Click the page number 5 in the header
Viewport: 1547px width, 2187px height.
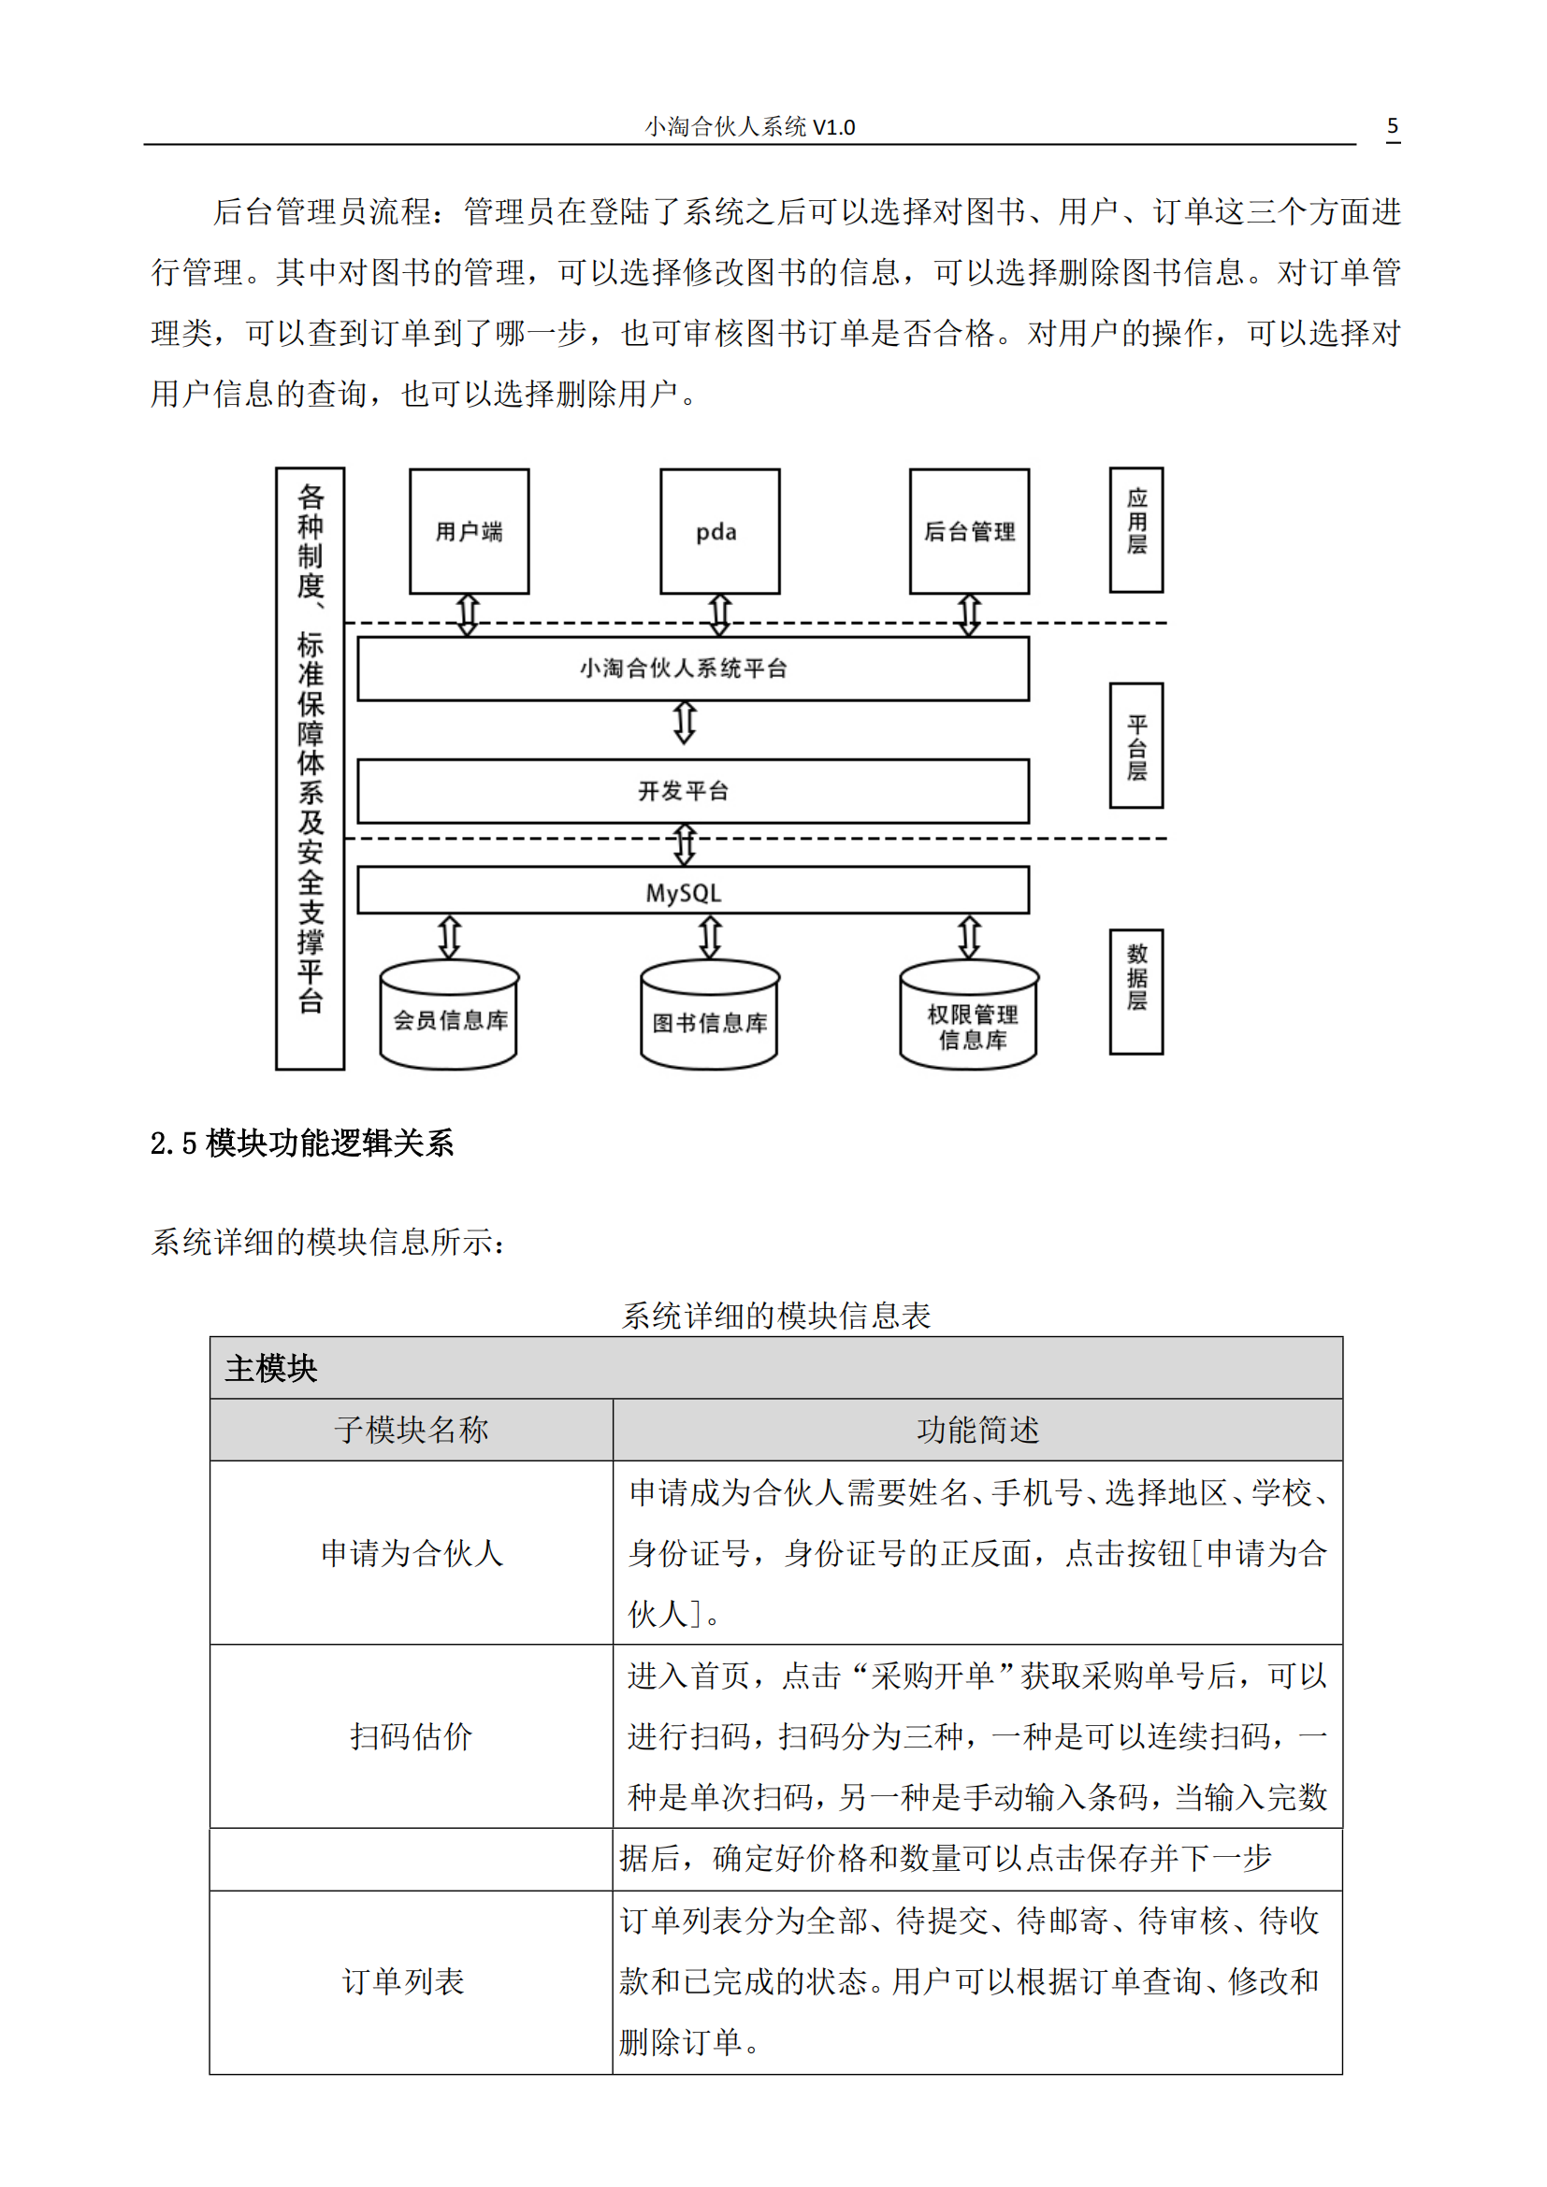pos(1392,125)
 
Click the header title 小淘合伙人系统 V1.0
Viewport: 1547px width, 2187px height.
pos(750,126)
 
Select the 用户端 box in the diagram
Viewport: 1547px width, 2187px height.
pos(469,531)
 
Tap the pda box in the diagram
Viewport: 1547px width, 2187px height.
pos(719,531)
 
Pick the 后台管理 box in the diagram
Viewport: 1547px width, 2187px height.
pos(969,531)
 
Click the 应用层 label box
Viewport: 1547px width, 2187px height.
pos(1135,529)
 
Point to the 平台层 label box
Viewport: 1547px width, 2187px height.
pos(1135,745)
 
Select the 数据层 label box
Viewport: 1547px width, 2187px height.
pos(1135,990)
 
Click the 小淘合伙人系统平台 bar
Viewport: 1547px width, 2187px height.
pos(692,669)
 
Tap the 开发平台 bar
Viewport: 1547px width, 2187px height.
pos(692,791)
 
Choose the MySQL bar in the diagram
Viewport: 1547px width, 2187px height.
pos(692,892)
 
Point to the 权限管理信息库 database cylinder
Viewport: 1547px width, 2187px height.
pos(969,1021)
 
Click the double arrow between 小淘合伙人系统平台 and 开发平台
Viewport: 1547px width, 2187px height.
pos(684,723)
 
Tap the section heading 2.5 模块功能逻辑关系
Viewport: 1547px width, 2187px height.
pos(302,1143)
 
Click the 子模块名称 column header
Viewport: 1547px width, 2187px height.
pos(411,1430)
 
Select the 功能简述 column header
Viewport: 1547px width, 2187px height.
pos(977,1430)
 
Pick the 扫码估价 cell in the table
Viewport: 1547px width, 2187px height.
pos(411,1736)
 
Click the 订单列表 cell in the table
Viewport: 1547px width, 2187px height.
pos(403,1981)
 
